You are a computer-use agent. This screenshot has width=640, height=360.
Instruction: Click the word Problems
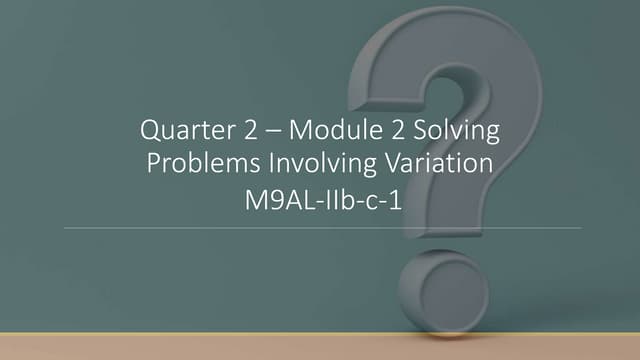tap(197, 163)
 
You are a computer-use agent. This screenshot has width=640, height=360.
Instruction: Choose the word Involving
tap(309, 164)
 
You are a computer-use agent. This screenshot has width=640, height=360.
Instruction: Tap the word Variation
tap(434, 163)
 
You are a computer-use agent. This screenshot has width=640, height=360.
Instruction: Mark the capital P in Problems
tap(155, 163)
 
